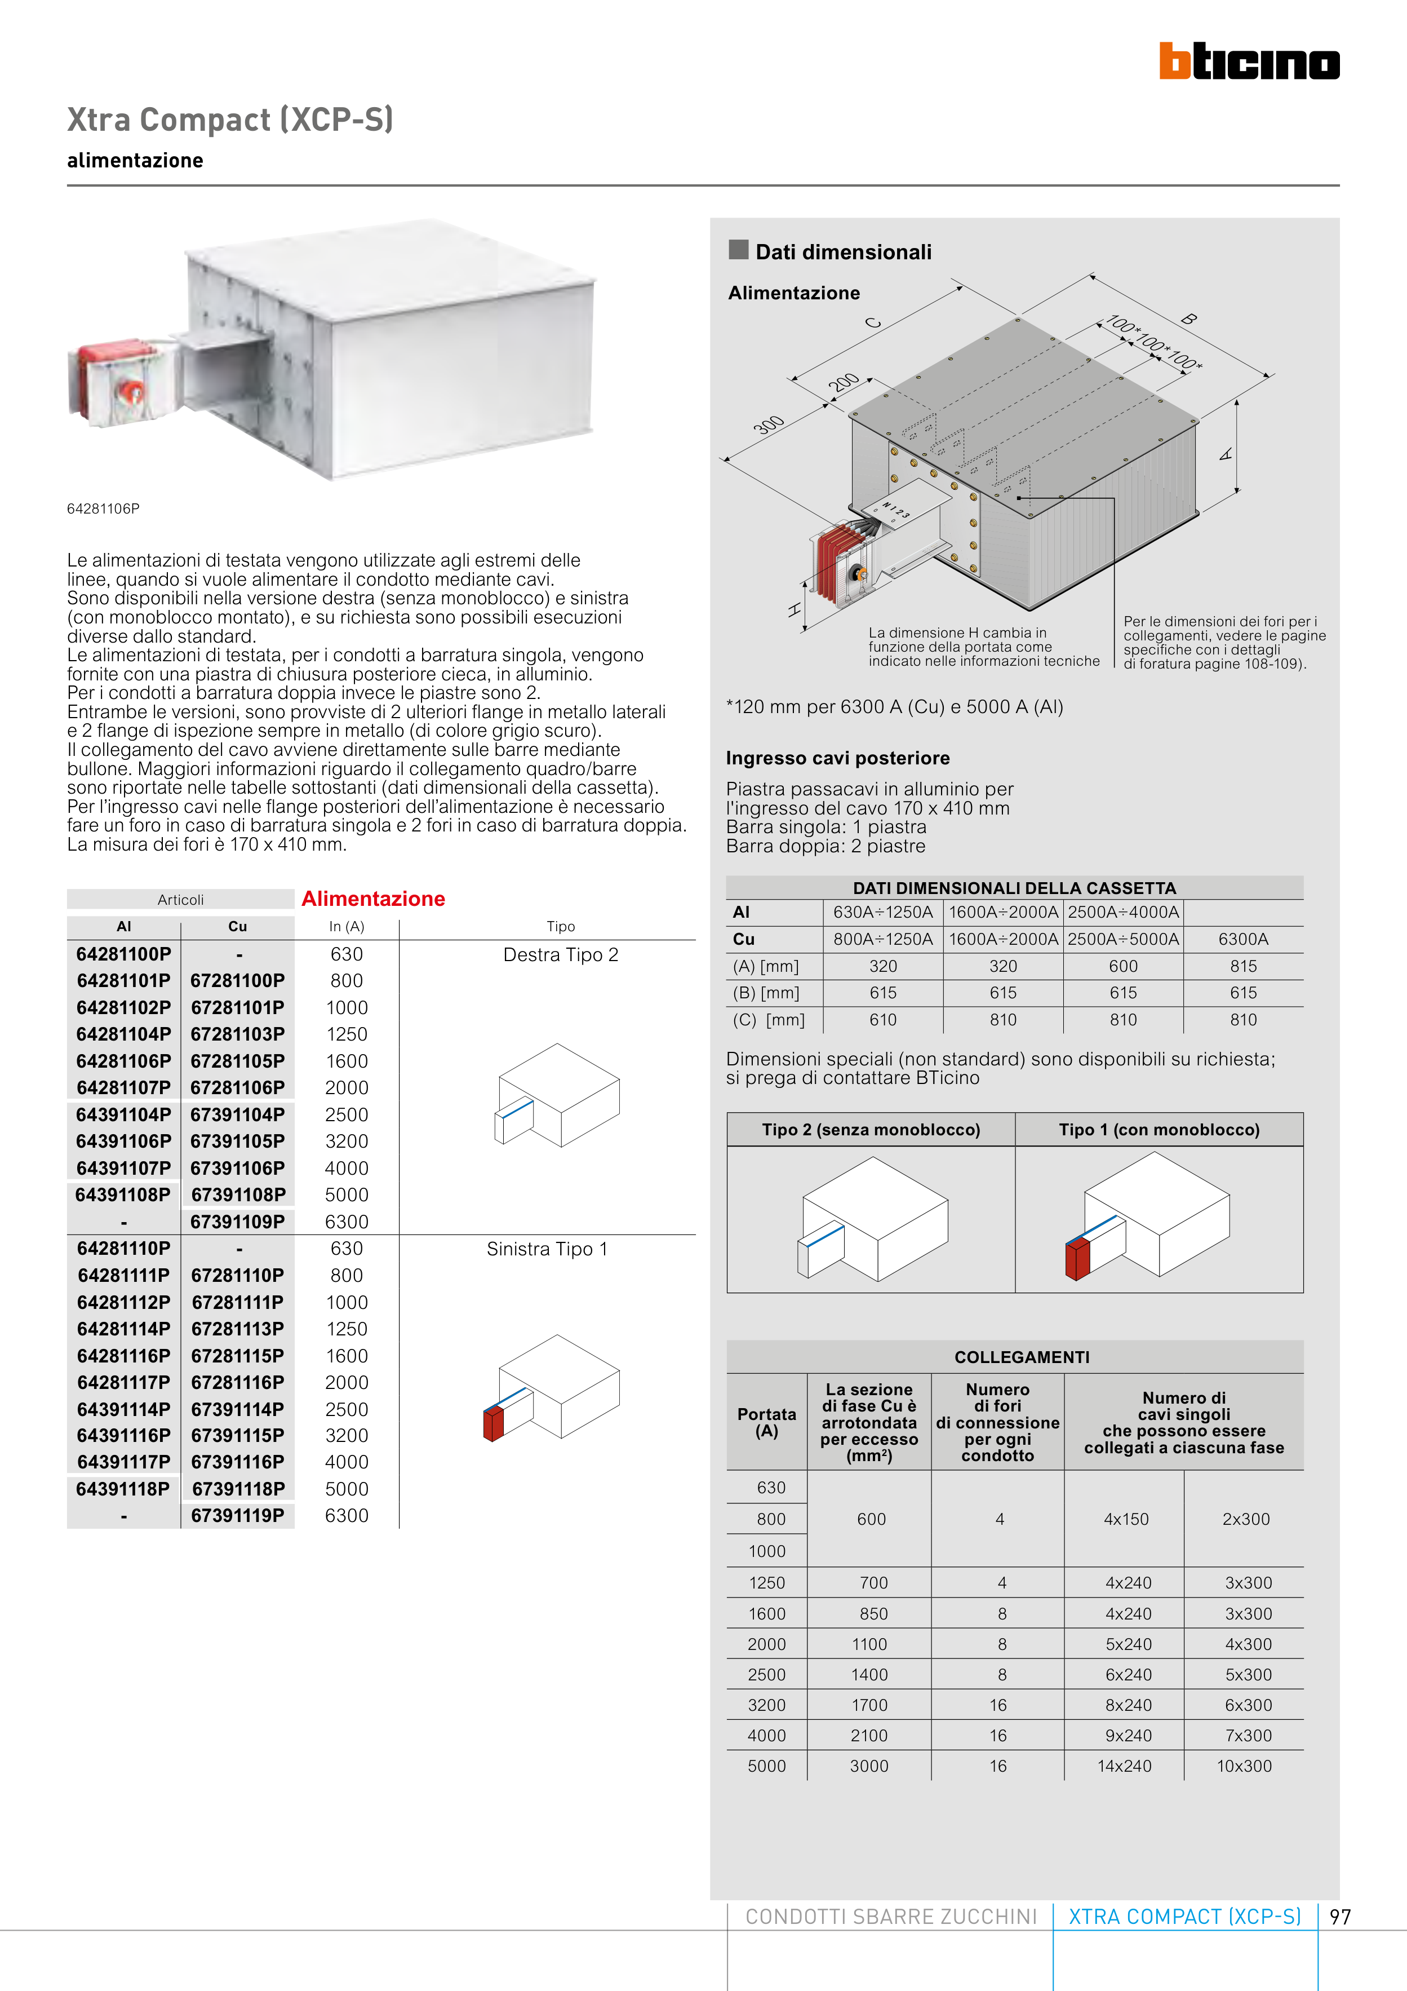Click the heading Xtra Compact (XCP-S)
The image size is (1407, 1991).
click(230, 120)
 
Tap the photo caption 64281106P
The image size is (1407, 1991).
click(103, 509)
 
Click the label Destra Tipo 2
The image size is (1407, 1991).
click(560, 955)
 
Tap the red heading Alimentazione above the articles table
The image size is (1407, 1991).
click(373, 899)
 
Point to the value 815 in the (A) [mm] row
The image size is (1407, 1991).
click(1242, 966)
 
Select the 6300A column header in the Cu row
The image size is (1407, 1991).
click(1242, 939)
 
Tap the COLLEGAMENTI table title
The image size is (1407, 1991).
click(1021, 1357)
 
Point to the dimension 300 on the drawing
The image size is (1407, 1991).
click(768, 425)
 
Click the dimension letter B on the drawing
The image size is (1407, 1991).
click(1189, 319)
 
